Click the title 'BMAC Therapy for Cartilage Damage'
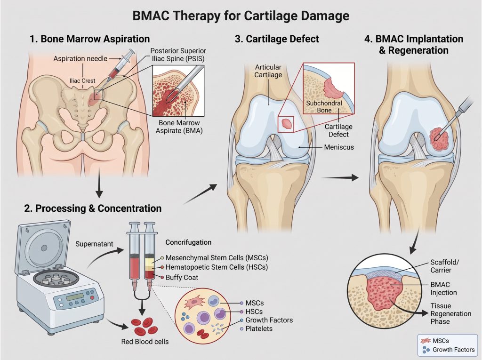pos(241,16)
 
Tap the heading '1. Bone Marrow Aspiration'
pos(89,39)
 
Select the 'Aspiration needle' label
pos(80,58)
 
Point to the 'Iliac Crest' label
pos(82,81)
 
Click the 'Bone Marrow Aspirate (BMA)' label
pos(179,127)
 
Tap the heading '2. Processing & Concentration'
pos(93,208)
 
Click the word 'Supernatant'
pos(94,244)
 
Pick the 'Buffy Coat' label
pos(182,277)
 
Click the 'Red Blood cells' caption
pos(145,341)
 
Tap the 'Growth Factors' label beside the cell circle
pos(269,320)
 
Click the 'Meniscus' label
pos(339,147)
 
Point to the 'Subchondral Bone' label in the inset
pos(324,107)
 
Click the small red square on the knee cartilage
pos(286,124)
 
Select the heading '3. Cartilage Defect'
pos(277,39)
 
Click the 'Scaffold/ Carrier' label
pos(444,266)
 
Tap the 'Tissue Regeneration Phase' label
pos(450,313)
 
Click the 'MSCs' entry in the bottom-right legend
pos(441,341)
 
